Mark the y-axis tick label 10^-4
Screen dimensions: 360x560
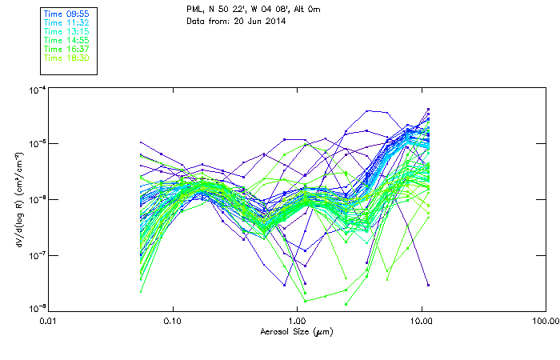click(36, 90)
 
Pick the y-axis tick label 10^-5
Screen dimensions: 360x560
click(36, 144)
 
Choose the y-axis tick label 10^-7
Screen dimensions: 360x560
click(36, 255)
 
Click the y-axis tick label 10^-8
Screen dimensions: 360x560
click(36, 308)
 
